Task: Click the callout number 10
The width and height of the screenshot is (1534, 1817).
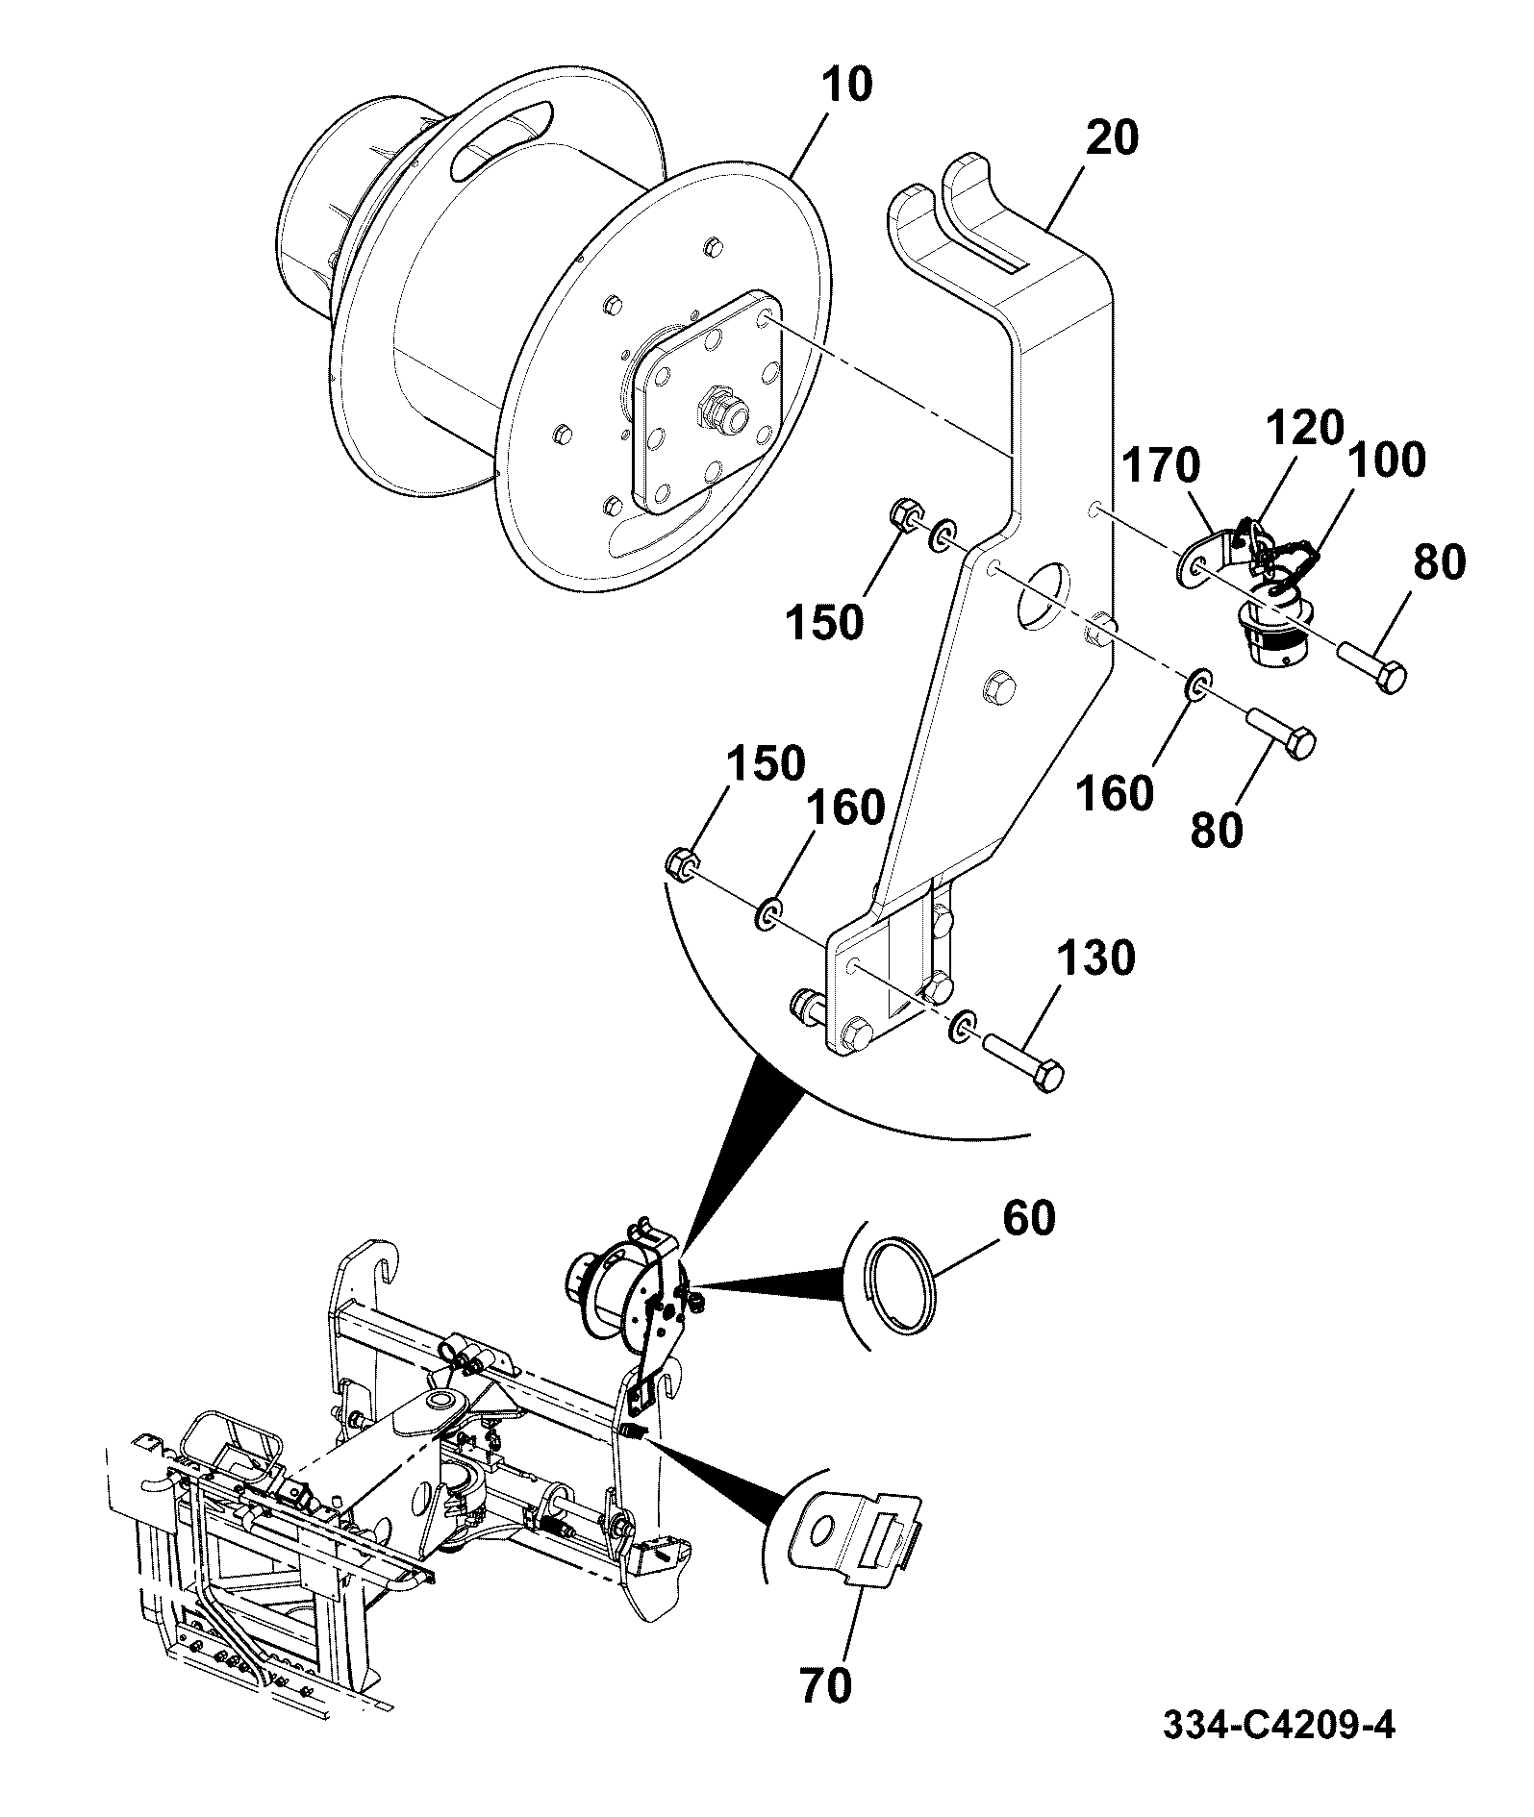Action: coord(846,85)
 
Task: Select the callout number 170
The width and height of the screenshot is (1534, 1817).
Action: coord(1162,467)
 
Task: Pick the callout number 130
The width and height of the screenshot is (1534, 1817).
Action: coord(1095,958)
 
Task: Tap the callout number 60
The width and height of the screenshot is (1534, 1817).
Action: coord(1028,1218)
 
